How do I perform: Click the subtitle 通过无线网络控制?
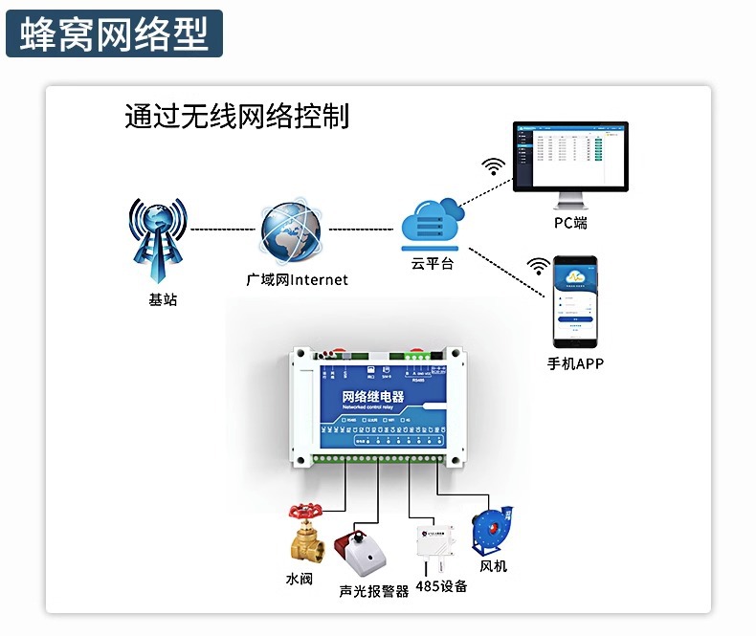pos(236,116)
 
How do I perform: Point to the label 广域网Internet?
pos(297,280)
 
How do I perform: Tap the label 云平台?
pos(433,263)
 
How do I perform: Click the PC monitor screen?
pos(569,157)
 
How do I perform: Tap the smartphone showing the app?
pos(575,301)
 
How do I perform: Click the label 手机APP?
pos(575,363)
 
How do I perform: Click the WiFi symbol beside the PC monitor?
pos(494,167)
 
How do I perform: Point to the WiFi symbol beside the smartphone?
pos(540,265)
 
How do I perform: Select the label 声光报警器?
pos(374,591)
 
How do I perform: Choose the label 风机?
pos(493,566)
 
